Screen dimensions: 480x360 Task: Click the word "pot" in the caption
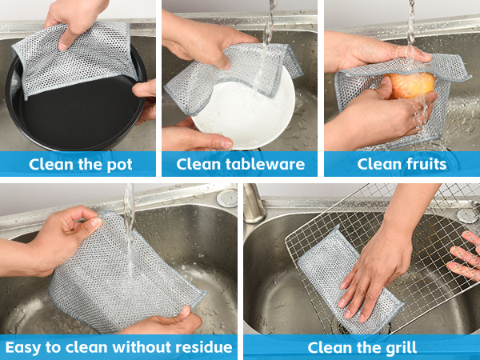[119, 166]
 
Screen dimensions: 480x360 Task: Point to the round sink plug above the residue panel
[227, 198]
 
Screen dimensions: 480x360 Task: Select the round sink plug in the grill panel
[467, 215]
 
